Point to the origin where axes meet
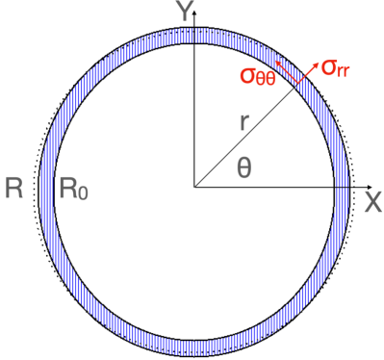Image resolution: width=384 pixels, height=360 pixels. point(194,186)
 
